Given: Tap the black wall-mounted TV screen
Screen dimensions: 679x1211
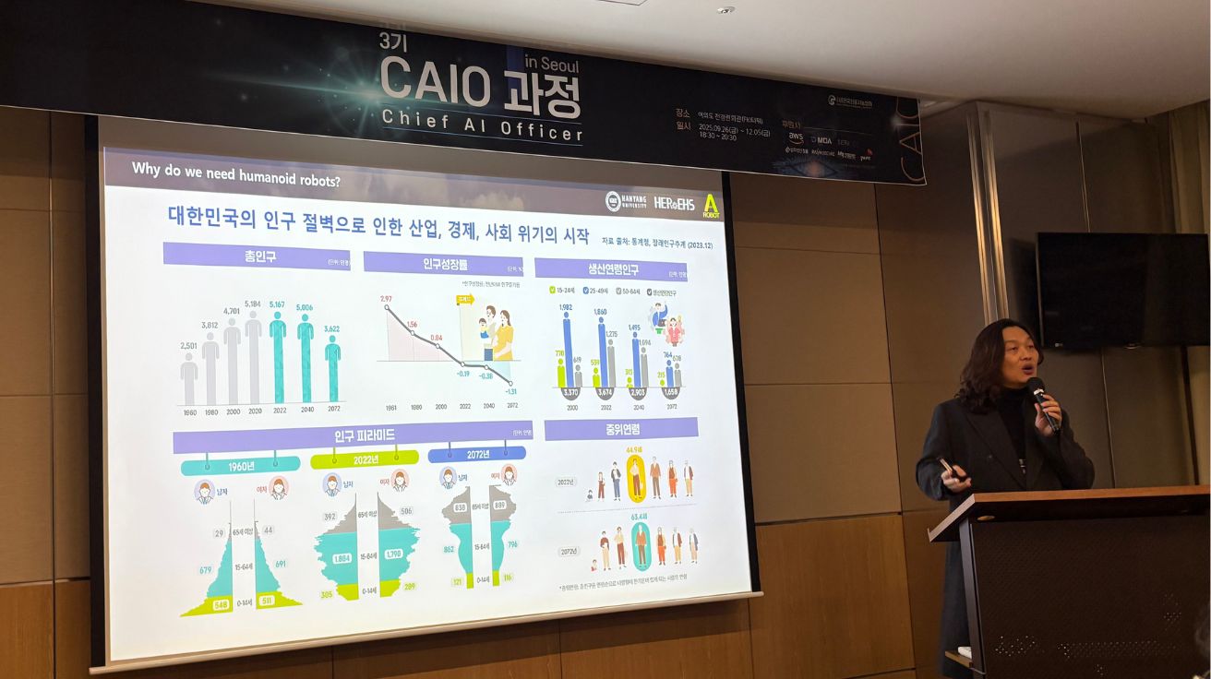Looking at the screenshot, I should (x=1121, y=289).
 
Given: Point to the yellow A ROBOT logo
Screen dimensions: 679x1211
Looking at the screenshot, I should (x=711, y=205).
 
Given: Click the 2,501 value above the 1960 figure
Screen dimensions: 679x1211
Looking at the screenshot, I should (x=188, y=346).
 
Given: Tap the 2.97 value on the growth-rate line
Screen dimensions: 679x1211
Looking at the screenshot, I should (x=386, y=298).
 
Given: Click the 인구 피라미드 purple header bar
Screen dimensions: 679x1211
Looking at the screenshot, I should (x=353, y=435).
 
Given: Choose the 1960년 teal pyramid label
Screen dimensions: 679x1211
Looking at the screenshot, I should (x=240, y=465).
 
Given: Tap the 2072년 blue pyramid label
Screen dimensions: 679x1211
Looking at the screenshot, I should (x=476, y=454).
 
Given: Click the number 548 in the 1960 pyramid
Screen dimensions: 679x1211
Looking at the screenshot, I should (x=222, y=605).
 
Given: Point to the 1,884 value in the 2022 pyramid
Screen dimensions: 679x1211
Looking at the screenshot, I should (x=342, y=557).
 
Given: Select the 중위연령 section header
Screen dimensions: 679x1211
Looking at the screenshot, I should (x=620, y=429).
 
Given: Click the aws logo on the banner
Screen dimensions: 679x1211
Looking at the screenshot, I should (x=796, y=137).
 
